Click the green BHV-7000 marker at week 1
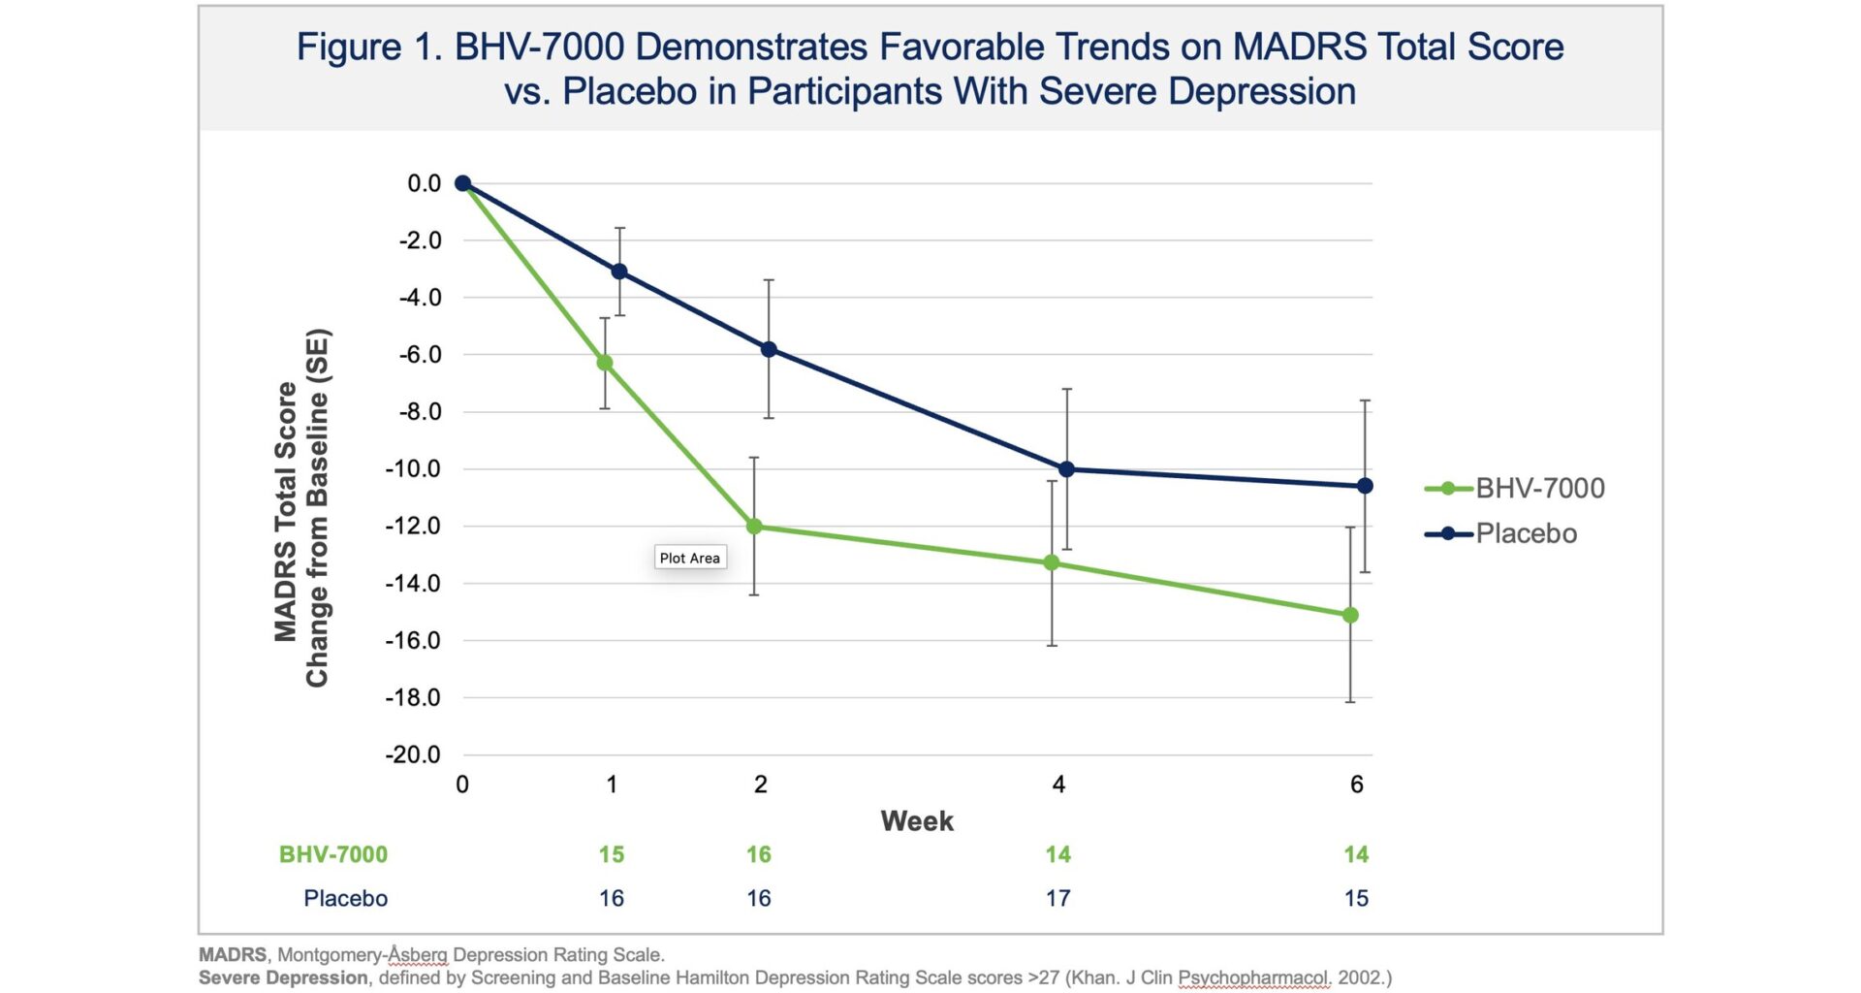pos(605,363)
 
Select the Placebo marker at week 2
pos(769,349)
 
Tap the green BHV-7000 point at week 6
pos(1350,615)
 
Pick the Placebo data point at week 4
pos(1066,469)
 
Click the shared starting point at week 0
pos(462,183)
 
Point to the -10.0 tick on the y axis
pos(413,469)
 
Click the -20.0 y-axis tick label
pos(413,754)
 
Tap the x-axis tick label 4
pos(1058,785)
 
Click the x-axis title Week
pos(917,821)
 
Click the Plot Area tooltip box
pos(689,558)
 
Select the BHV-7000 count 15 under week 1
pos(612,854)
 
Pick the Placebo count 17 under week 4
pos(1058,898)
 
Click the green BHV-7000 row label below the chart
pos(333,854)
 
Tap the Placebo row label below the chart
pos(345,898)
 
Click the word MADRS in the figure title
pos(1299,47)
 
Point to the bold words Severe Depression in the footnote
pos(283,977)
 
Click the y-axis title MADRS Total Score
pos(285,511)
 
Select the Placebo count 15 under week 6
pos(1356,898)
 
